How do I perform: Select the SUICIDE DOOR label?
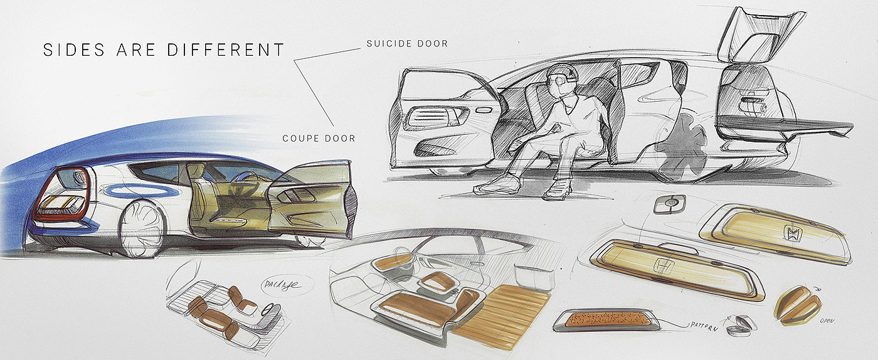[x=407, y=44]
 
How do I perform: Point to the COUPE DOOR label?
[x=319, y=138]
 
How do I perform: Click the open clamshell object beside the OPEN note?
[x=798, y=303]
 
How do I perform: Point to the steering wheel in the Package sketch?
[x=272, y=309]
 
